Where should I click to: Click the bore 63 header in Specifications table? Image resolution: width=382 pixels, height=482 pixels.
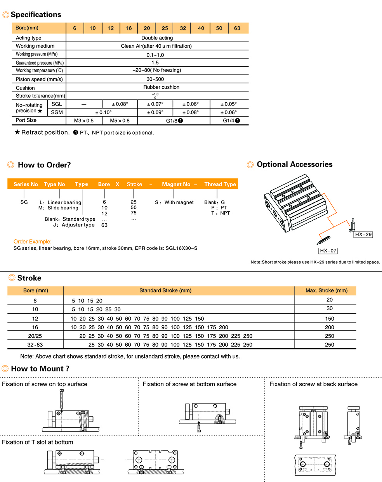pos(237,28)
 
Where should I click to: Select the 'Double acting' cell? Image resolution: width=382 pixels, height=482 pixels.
pos(157,38)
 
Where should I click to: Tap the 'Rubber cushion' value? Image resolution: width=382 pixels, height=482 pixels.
pos(161,87)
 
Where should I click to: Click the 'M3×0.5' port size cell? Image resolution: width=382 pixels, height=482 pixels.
pos(84,121)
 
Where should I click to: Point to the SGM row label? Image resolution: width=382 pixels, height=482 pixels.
pos(57,112)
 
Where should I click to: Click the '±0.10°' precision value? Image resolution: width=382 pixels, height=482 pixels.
pos(103,112)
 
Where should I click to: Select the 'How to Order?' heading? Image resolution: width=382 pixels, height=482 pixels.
pos(44,165)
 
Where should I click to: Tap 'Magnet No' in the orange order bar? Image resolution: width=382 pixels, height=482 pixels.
pos(176,184)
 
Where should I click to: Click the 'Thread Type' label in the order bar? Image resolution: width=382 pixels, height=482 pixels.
pos(220,184)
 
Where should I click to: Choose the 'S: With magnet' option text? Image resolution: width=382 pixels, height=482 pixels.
pos(174,202)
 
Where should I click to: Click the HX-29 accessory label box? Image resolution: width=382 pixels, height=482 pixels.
pos(363,235)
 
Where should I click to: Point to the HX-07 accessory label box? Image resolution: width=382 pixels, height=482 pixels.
pos(328,251)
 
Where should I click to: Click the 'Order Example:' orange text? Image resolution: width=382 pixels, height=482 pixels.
pos(33,242)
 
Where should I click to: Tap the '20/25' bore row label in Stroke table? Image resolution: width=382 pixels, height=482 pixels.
pos(35,336)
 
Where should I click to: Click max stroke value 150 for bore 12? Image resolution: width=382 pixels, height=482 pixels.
pos(330,319)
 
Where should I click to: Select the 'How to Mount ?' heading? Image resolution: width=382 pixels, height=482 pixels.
pos(40,369)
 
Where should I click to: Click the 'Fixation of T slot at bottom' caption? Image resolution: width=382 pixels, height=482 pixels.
pos(38,442)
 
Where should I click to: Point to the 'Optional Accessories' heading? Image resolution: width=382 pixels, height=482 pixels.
pos(294,164)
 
